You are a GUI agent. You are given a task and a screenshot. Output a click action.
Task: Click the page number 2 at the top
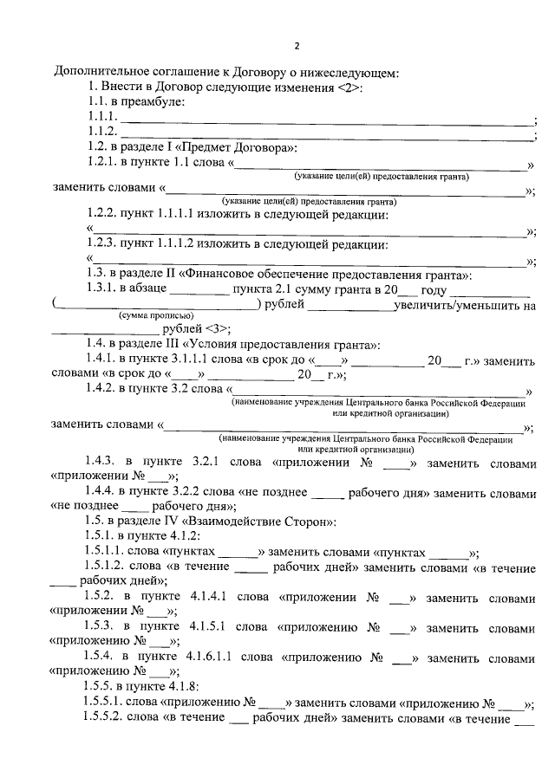pyautogui.click(x=296, y=46)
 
